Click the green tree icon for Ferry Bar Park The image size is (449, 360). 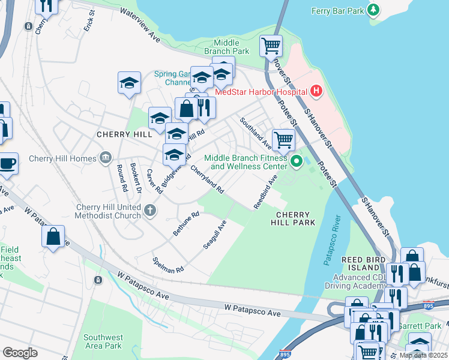(373, 10)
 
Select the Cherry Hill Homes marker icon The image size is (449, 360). (106, 158)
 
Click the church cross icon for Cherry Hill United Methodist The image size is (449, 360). (150, 211)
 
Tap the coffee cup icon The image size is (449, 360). (8, 164)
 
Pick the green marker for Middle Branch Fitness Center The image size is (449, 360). (295, 161)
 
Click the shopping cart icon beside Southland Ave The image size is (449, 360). (283, 140)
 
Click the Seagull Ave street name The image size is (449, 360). (214, 235)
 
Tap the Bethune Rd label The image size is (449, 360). (186, 224)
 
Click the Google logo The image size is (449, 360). (20, 352)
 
